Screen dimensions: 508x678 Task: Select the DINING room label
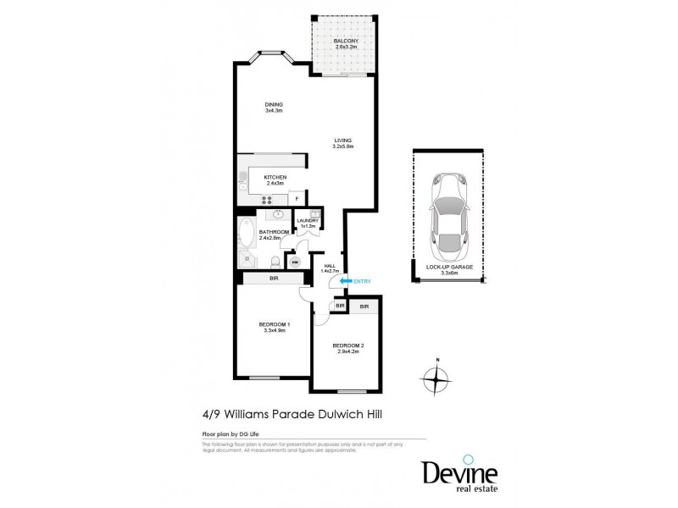[x=273, y=105]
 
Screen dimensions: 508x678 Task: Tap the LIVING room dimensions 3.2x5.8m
[x=342, y=147]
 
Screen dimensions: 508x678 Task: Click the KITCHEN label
[x=275, y=177]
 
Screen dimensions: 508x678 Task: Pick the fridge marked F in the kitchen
[x=297, y=198]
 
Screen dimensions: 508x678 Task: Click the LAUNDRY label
[x=308, y=221]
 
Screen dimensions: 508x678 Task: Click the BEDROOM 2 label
[x=348, y=345]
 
